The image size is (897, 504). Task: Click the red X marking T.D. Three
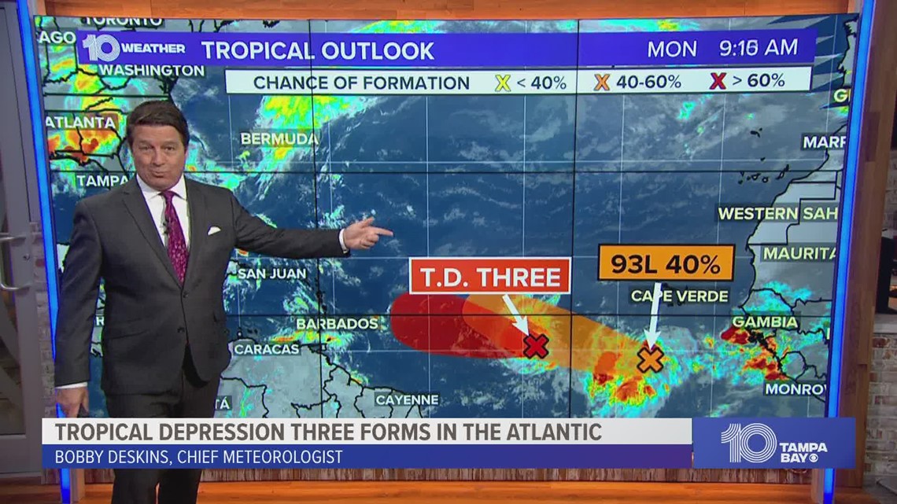point(535,345)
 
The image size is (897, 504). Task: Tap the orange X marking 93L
point(651,360)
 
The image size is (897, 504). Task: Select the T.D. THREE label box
point(489,277)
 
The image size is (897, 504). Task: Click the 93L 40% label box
point(666,263)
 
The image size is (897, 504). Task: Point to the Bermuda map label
point(279,139)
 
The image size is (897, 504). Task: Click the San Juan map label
point(271,274)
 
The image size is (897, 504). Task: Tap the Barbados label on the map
point(338,323)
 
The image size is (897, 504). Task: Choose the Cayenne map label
point(407,399)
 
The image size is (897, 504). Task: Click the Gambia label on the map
point(765,322)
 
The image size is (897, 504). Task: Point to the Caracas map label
point(266,348)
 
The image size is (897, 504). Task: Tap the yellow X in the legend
point(503,82)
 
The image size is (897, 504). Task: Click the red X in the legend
point(718,81)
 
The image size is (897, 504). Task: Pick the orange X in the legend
point(602,82)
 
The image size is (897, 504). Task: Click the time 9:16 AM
point(758,49)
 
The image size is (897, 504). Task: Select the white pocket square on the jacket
point(213,230)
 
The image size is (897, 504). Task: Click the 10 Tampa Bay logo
point(773,443)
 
